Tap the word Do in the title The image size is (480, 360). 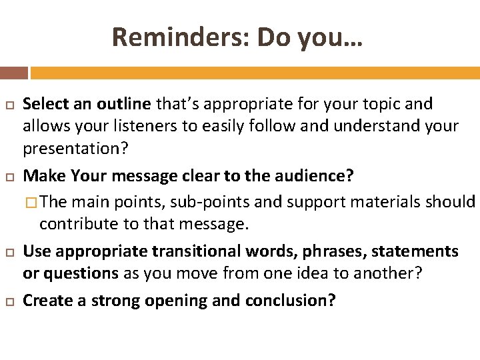coord(273,37)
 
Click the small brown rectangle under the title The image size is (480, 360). coord(14,73)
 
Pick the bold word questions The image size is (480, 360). coord(79,273)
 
